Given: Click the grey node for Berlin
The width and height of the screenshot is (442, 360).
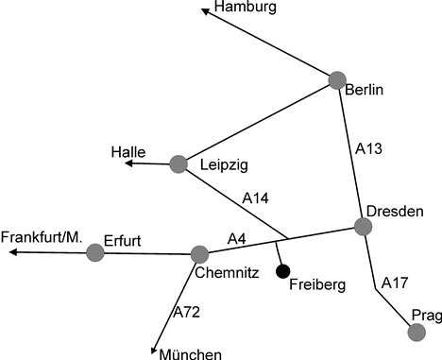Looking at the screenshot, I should pos(337,80).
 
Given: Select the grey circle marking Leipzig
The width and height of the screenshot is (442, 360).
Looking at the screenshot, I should pos(179,164).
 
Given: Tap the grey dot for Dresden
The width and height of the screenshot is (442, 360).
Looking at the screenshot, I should pos(363,226).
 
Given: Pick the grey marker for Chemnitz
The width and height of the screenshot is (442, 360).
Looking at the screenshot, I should pos(199,254).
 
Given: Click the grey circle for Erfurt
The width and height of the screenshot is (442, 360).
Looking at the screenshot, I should pos(94,252).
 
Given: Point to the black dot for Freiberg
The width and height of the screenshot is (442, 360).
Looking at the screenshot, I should pos(281,272).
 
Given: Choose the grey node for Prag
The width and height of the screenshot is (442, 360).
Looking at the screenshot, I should pos(416,332).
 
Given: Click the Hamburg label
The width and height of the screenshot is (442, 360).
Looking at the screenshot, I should pos(245,9).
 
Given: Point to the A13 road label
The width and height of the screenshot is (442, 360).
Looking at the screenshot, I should pos(370,149).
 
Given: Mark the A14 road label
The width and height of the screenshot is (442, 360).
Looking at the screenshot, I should pos(256,198).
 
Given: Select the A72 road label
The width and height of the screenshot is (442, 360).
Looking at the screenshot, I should pos(189,311).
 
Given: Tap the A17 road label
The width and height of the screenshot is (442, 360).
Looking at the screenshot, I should pos(395,283).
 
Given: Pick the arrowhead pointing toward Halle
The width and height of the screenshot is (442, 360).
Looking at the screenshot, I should pos(129,164).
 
